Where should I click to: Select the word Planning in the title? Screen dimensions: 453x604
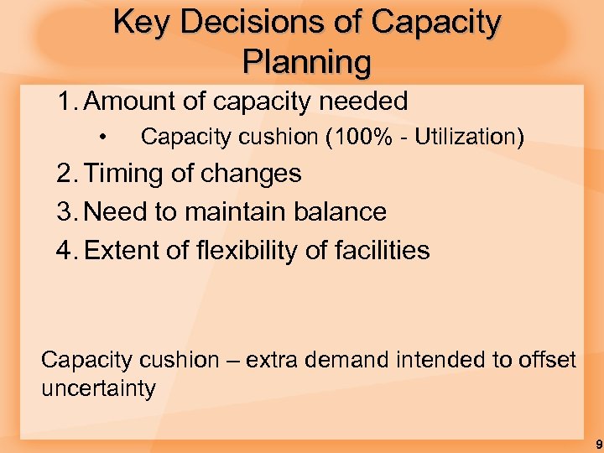point(306,61)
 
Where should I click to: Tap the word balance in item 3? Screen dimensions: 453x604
point(340,212)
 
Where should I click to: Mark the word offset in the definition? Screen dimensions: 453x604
point(546,361)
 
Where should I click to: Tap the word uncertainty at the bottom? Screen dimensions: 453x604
point(98,389)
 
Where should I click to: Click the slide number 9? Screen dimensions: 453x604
point(597,444)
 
